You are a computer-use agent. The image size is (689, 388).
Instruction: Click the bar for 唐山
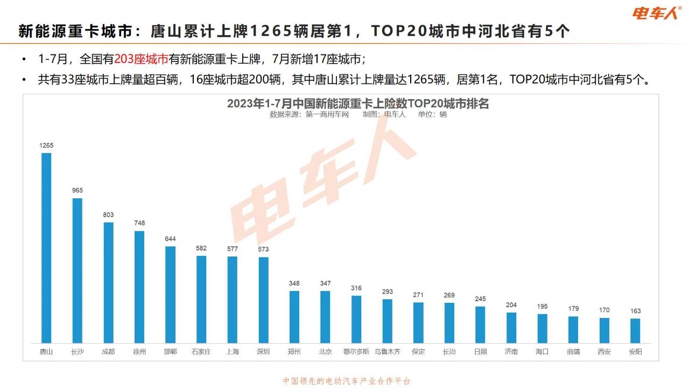(x=46, y=248)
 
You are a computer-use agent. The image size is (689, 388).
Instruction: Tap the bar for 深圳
(x=264, y=300)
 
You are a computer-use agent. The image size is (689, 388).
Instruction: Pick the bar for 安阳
(x=635, y=330)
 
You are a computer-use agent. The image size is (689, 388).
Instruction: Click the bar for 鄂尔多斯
(x=356, y=319)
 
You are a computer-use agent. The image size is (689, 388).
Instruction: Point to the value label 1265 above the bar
(x=46, y=145)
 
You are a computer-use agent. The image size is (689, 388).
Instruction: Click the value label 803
(x=108, y=214)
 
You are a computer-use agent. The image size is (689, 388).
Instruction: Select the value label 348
(x=294, y=283)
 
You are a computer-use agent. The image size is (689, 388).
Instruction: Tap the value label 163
(x=635, y=311)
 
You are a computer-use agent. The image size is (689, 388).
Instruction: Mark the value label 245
(x=480, y=299)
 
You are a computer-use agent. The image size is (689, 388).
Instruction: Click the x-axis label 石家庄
(x=201, y=352)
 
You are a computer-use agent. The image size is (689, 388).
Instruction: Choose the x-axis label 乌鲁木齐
(x=388, y=352)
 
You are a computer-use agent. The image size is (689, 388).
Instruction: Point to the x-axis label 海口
(x=542, y=352)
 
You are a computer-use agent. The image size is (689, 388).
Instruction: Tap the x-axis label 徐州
(x=139, y=352)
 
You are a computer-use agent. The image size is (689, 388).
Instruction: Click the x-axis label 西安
(x=604, y=352)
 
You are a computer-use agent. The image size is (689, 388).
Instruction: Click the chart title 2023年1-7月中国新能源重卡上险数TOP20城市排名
(x=357, y=103)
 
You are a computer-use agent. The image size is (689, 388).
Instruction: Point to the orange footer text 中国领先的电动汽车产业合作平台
(x=347, y=381)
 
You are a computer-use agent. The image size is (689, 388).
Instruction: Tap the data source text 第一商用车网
(x=327, y=114)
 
